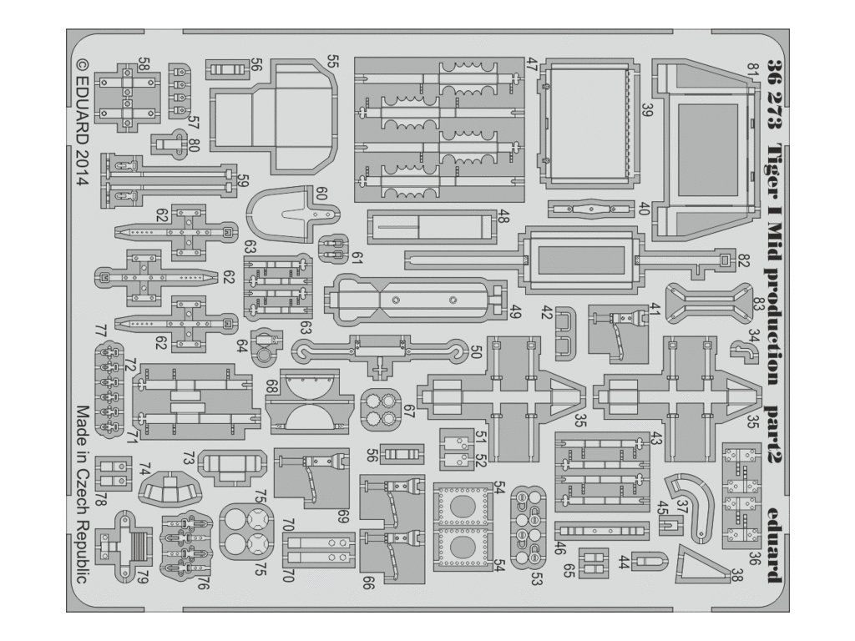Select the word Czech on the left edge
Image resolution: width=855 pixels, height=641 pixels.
[x=82, y=484]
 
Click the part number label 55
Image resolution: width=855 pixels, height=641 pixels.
[x=332, y=62]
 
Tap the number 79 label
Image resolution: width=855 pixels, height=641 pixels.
[x=144, y=576]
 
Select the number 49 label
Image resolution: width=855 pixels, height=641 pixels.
[x=515, y=314]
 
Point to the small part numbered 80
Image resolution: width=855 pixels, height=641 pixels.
[x=175, y=143]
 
